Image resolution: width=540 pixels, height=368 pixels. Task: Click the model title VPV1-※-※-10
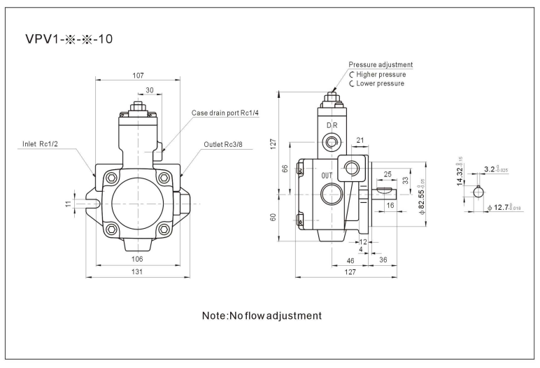[x=69, y=39]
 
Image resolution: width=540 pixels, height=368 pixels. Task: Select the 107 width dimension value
[x=138, y=76]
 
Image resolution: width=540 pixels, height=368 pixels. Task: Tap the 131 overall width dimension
[x=137, y=272]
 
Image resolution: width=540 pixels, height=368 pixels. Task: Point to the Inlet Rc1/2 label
[x=40, y=144]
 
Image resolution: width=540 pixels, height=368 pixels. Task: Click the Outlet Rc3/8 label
[x=223, y=144]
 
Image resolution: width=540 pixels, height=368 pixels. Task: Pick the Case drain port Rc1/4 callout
[x=225, y=113]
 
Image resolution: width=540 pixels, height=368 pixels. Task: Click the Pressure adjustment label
[x=381, y=65]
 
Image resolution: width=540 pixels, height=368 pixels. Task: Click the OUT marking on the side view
[x=327, y=176]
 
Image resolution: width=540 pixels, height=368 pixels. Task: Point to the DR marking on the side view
[x=332, y=125]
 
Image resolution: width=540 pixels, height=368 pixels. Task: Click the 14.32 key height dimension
[x=460, y=171]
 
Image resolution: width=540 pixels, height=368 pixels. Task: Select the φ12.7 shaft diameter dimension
[x=504, y=207]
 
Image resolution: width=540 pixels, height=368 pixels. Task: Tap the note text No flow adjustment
[x=262, y=316]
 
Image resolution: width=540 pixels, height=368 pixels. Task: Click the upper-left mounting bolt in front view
[x=112, y=178]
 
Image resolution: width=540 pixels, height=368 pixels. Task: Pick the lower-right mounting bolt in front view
[x=164, y=228]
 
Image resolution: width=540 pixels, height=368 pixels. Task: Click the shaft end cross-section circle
[x=478, y=192]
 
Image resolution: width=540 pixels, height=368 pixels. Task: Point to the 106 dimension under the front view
[x=137, y=259]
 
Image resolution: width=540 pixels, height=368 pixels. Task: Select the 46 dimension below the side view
[x=350, y=261]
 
